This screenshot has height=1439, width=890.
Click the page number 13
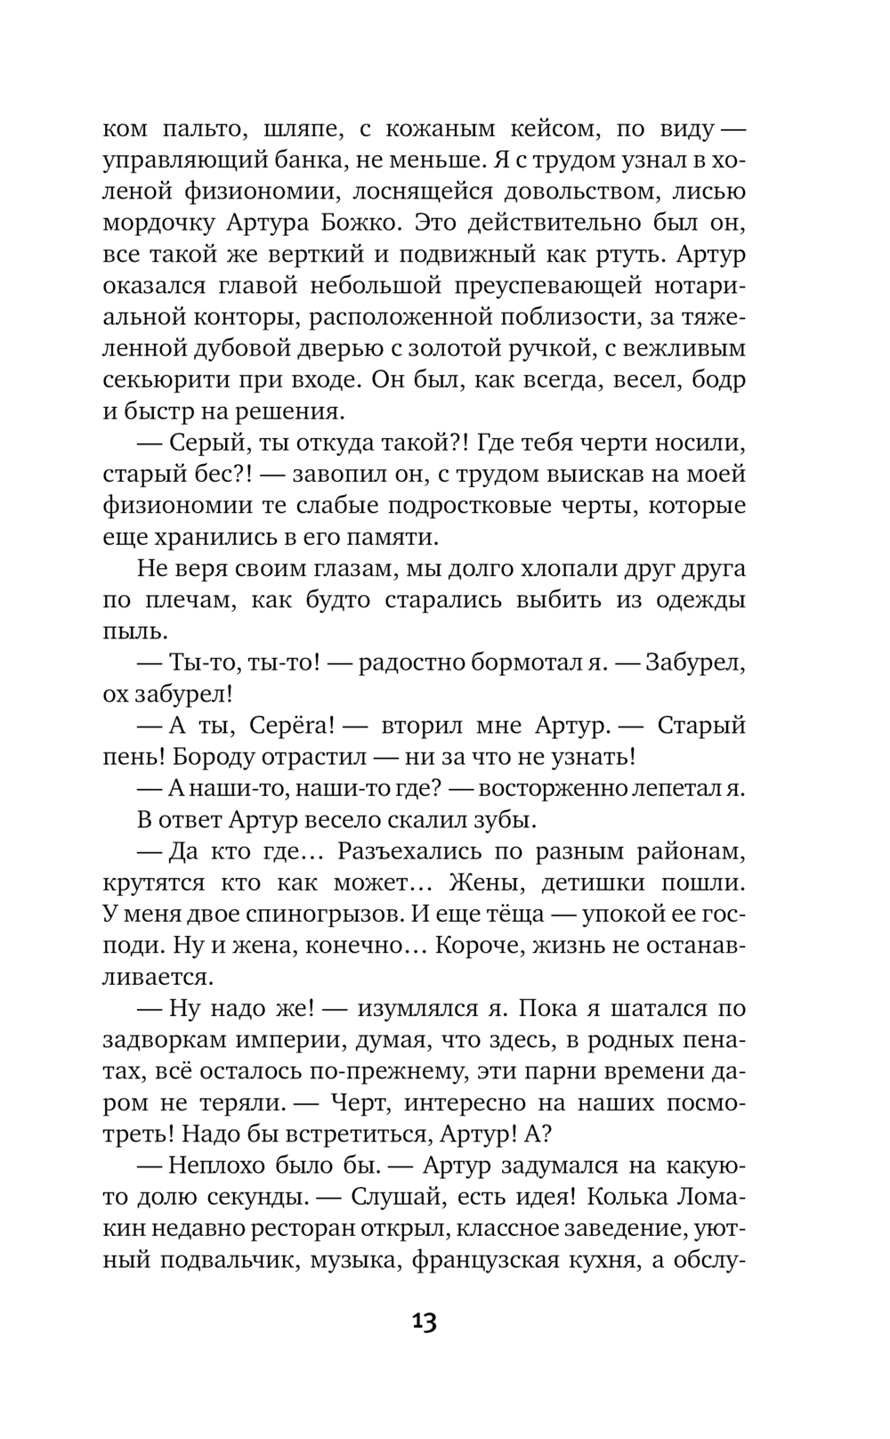425,1321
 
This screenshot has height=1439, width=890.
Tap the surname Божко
368,223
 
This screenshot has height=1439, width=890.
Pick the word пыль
134,631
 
